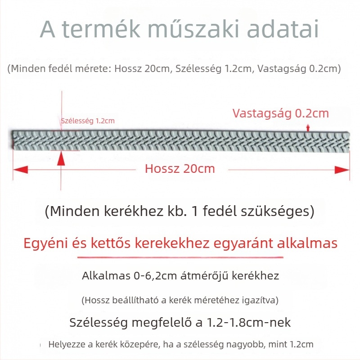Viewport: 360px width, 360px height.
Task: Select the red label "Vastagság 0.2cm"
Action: click(x=281, y=113)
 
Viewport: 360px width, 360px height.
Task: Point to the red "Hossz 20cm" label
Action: click(x=180, y=169)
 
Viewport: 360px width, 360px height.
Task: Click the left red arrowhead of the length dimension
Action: click(x=20, y=169)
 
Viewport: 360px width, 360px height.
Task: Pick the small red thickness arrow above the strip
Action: click(x=308, y=127)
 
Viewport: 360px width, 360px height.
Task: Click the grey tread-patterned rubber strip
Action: click(x=180, y=139)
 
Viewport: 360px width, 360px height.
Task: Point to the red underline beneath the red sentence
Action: click(x=180, y=257)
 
